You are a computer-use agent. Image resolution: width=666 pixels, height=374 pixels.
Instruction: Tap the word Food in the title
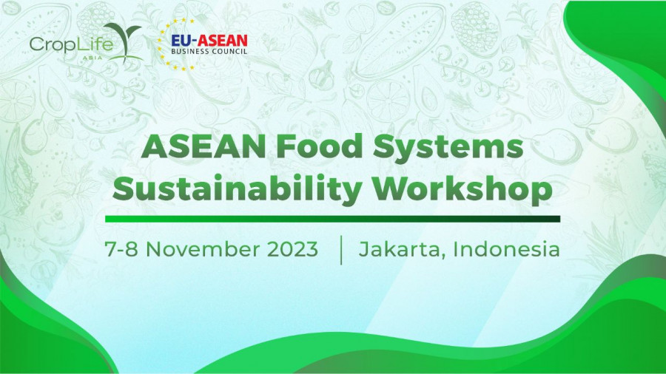(319, 146)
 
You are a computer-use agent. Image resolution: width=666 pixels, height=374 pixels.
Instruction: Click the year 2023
(292, 249)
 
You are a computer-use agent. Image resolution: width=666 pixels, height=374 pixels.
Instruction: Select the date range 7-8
(121, 249)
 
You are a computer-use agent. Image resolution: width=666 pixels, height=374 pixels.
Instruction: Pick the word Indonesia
(506, 249)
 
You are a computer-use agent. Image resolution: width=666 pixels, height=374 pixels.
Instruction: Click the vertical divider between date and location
(341, 250)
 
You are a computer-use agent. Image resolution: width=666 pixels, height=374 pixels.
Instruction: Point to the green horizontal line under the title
(332, 219)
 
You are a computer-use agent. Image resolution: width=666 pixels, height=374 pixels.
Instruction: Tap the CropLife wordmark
(71, 44)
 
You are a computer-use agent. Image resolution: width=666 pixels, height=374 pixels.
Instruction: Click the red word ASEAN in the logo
(222, 41)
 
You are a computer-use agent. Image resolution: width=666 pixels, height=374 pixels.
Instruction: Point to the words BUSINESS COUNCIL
(209, 51)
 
